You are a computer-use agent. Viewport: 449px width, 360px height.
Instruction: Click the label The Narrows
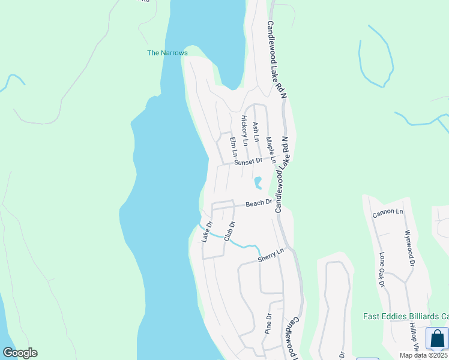[167, 53]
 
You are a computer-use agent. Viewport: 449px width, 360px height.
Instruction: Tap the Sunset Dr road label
[249, 161]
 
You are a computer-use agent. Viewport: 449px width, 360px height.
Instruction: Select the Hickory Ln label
[244, 130]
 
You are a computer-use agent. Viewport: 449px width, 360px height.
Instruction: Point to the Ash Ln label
[256, 131]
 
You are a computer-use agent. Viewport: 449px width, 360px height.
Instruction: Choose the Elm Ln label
[233, 147]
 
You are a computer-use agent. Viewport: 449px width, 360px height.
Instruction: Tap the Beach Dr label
[259, 204]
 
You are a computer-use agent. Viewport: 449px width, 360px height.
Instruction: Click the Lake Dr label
[207, 232]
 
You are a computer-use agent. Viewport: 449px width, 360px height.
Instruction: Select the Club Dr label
[229, 232]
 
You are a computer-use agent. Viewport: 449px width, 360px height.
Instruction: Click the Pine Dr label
[268, 323]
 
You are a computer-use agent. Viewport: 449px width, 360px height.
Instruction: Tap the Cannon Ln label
[388, 212]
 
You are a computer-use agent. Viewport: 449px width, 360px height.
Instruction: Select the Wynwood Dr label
[409, 247]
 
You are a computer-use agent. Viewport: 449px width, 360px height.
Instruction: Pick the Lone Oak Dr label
[382, 269]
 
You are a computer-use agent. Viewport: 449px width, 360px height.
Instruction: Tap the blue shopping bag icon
[436, 338]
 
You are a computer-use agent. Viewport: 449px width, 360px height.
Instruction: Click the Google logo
[20, 353]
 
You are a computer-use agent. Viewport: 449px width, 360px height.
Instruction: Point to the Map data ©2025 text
[423, 355]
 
